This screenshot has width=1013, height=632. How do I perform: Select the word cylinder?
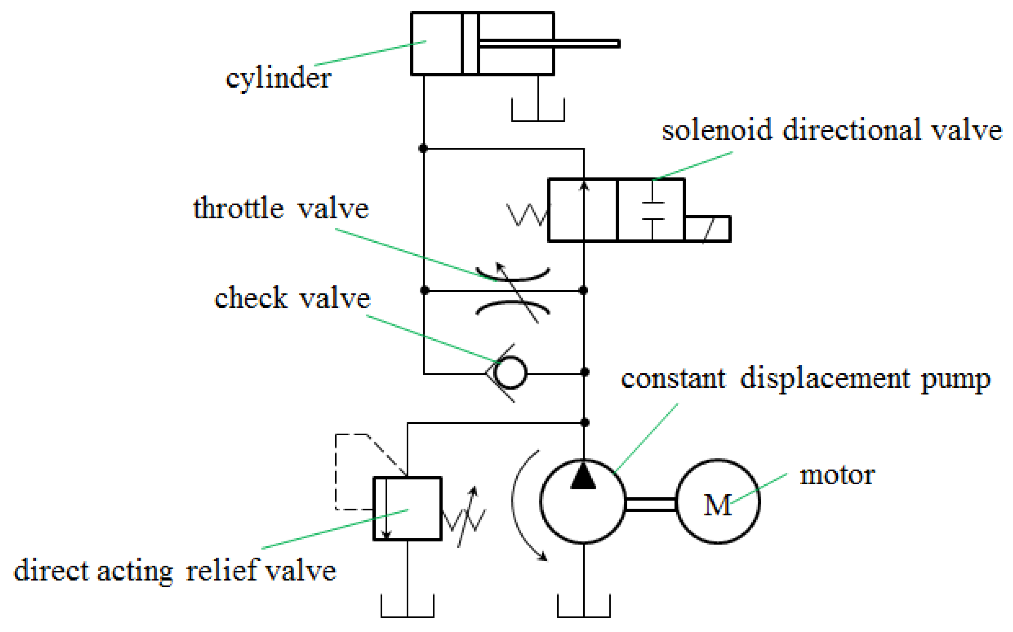[278, 78]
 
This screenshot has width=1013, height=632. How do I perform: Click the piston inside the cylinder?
[470, 43]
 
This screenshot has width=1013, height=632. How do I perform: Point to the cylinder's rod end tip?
[618, 43]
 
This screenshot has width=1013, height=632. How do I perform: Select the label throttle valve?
[281, 209]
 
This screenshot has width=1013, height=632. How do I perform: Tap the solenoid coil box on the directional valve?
[708, 229]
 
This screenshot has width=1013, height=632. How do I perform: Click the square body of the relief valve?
[408, 509]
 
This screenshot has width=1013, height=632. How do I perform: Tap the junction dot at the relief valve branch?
[585, 423]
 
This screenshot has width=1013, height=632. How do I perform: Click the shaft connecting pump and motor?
[651, 504]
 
